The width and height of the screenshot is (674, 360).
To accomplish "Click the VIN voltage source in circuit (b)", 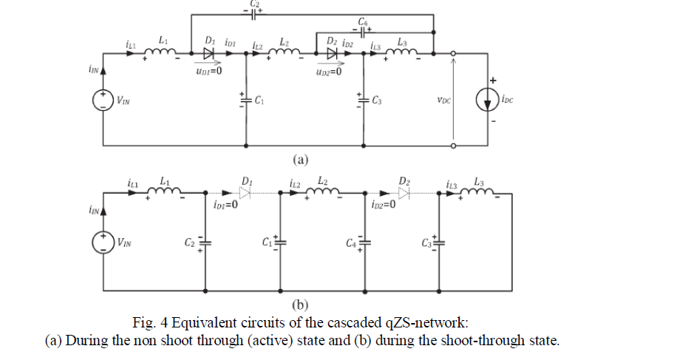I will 102,242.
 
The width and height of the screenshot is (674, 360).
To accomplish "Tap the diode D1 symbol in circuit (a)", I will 209,52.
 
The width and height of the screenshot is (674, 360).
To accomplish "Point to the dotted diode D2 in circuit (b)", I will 403,192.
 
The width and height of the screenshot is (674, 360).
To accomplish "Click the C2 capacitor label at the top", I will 254,4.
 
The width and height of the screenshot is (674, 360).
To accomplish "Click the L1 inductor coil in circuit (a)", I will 163,52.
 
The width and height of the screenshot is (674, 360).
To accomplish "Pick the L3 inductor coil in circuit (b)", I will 480,193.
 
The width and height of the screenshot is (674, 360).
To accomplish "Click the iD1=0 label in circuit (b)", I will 225,205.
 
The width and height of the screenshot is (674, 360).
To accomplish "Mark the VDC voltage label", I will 443,99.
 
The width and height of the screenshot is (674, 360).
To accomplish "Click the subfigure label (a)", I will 300,159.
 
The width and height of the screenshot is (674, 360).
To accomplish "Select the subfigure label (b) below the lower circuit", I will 300,305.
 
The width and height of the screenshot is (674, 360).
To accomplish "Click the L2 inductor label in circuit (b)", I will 323,180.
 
